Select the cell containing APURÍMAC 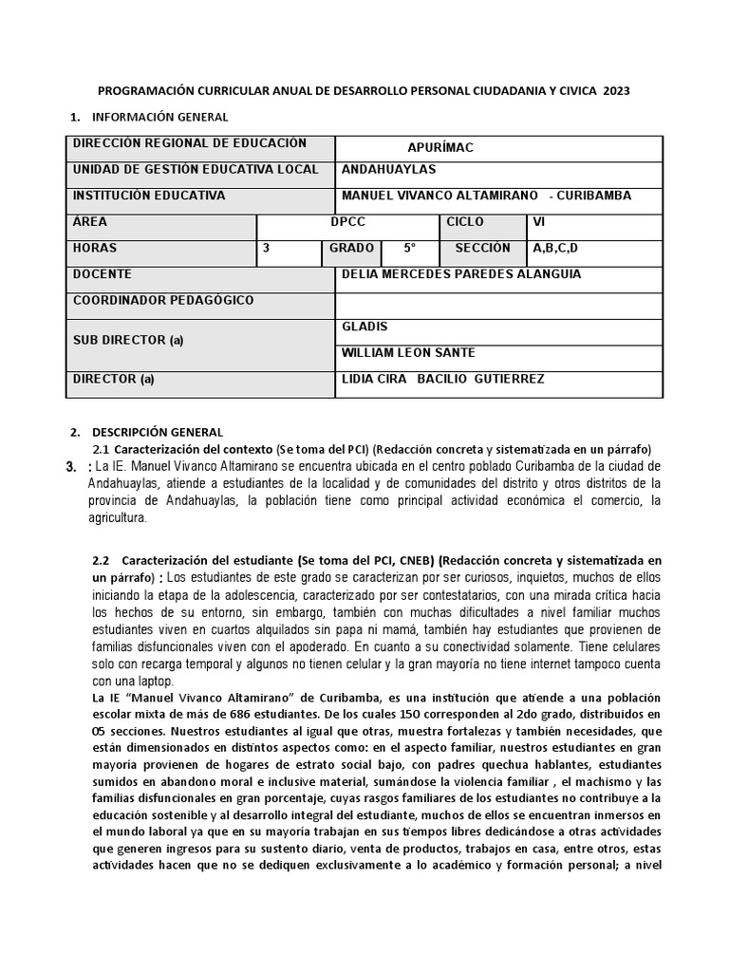click(439, 147)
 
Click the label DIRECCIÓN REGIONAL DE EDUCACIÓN click(190, 143)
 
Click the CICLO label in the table click(465, 222)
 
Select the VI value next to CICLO click(540, 222)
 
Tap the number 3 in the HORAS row click(267, 249)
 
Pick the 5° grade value click(409, 249)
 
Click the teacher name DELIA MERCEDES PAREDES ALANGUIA click(460, 274)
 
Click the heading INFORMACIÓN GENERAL click(159, 117)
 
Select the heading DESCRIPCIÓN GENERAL click(158, 432)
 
